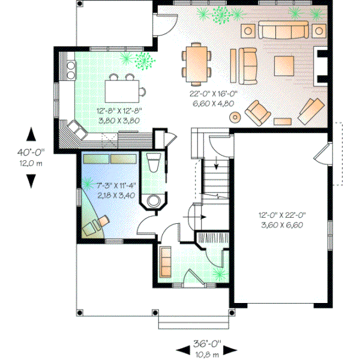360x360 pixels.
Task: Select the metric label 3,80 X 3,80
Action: tap(119, 119)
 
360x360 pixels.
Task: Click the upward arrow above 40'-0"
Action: tap(31, 136)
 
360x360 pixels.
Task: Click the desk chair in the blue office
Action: tap(92, 227)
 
